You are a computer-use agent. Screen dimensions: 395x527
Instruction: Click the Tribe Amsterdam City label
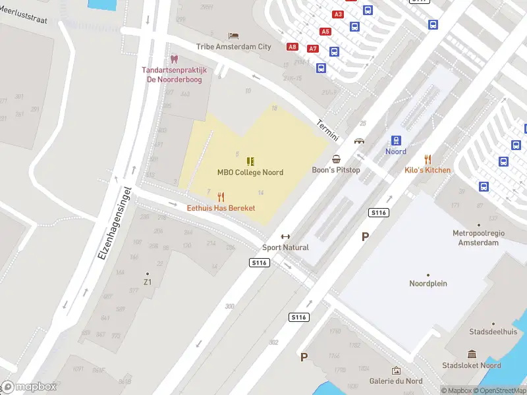[233, 47]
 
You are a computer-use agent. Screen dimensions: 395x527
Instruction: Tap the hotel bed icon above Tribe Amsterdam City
[233, 36]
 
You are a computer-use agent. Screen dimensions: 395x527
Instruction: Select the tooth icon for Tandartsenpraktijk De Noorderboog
[174, 59]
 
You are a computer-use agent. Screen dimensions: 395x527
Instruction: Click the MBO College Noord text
[250, 172]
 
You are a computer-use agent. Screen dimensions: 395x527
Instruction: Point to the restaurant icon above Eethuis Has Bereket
[221, 197]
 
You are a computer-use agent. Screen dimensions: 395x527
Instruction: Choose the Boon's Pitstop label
[336, 170]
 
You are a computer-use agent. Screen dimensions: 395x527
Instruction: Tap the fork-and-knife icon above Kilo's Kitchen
[428, 159]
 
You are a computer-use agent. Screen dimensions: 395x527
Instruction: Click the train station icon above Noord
[396, 140]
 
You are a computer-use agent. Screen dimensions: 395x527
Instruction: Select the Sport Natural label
[285, 248]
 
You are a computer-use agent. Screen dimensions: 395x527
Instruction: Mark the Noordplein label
[428, 284]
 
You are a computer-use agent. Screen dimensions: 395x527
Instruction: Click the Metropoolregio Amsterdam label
[476, 238]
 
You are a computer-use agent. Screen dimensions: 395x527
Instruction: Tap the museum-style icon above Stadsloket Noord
[472, 354]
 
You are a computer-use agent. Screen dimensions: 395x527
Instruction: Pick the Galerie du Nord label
[396, 381]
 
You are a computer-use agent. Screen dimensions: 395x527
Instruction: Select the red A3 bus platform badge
[339, 14]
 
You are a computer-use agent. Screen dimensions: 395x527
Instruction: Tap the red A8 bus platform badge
[292, 47]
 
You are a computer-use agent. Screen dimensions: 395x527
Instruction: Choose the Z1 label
[148, 282]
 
